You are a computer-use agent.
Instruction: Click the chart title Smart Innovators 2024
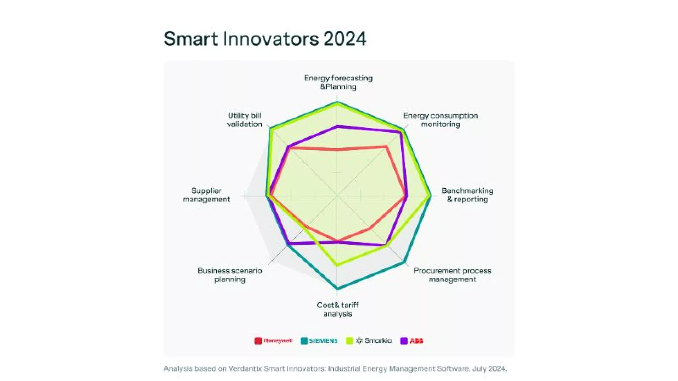coord(265,39)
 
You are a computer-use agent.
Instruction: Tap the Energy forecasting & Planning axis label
coord(338,82)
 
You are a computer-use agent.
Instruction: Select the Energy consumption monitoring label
coord(440,120)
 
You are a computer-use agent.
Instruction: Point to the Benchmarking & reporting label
coord(467,195)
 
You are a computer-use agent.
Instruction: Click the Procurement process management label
coord(452,275)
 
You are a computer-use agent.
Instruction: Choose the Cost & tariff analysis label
coord(337,309)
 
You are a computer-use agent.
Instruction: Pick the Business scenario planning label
coord(230,275)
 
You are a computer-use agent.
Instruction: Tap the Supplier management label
coord(206,195)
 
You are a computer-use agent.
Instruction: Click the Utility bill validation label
coord(245,120)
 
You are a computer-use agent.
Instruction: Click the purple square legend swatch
coord(404,341)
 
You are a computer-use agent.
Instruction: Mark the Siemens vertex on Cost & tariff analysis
coord(337,289)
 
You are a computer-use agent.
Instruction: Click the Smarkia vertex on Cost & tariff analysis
coord(337,265)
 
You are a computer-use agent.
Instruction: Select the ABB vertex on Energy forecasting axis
coord(338,126)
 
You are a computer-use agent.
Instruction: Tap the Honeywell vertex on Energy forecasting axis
coord(338,149)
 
